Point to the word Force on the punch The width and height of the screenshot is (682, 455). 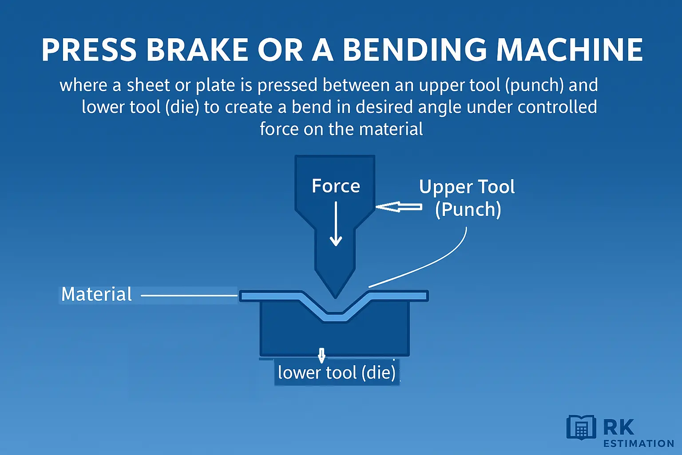(336, 186)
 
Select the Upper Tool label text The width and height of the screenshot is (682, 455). (467, 187)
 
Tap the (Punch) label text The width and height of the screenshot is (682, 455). (468, 209)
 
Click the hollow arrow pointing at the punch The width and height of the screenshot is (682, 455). (399, 207)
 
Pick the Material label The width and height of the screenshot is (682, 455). (96, 294)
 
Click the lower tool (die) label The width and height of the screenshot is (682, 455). (337, 372)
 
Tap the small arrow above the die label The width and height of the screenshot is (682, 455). (322, 355)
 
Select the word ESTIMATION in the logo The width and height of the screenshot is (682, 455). (638, 443)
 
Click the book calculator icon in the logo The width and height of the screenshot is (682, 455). (581, 427)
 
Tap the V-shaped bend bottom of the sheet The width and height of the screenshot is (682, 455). (336, 316)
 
